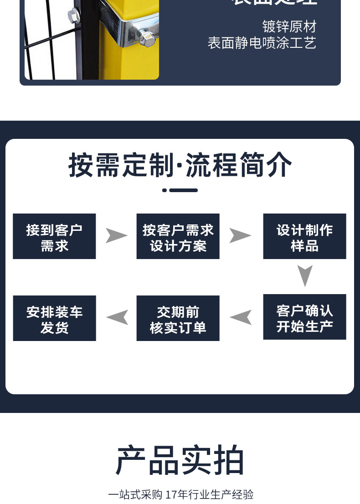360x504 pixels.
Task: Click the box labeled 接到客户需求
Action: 54,236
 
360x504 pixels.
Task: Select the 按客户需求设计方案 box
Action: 178,236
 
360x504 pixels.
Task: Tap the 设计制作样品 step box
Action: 304,236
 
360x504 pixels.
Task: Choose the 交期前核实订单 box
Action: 178,318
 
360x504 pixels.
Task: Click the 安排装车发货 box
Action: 54,318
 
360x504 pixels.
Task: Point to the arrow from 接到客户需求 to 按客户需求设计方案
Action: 116,235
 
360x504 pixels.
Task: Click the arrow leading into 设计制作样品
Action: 240,235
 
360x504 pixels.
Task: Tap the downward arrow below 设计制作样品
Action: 305,275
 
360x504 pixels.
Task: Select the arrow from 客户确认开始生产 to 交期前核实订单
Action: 241,317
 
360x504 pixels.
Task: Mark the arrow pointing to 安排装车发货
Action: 117,317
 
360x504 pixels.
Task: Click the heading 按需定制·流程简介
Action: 180,165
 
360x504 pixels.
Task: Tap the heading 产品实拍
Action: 180,461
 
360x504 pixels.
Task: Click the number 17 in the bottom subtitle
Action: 170,494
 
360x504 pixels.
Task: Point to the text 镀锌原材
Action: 289,26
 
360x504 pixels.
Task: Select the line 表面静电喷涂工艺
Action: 262,43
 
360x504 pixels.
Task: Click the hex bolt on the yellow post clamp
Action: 147,37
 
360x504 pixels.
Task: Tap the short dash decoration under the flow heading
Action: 180,190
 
